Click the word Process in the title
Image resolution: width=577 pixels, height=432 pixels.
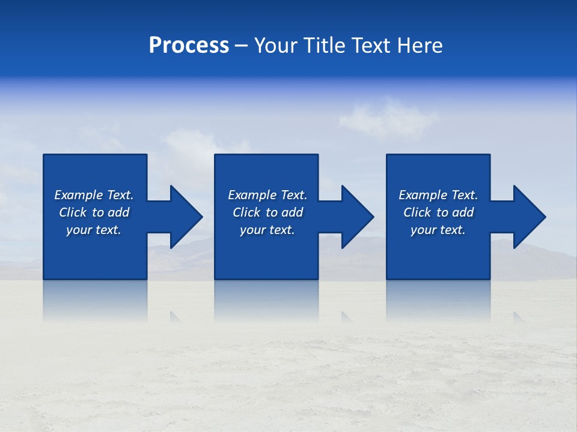(189, 46)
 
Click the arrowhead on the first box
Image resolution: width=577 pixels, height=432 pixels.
(183, 217)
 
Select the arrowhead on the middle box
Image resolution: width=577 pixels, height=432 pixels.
(355, 217)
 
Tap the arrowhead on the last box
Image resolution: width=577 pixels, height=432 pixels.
(527, 217)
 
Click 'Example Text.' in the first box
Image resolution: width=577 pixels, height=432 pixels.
(94, 195)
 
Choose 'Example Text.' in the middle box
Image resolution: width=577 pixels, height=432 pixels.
(267, 195)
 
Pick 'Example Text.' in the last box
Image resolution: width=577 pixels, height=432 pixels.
(438, 195)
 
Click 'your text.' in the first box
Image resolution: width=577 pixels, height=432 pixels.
(94, 230)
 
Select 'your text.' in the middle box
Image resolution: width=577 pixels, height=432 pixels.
(267, 230)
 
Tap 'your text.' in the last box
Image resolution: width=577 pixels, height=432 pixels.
(438, 230)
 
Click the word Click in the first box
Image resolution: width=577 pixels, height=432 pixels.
(73, 212)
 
